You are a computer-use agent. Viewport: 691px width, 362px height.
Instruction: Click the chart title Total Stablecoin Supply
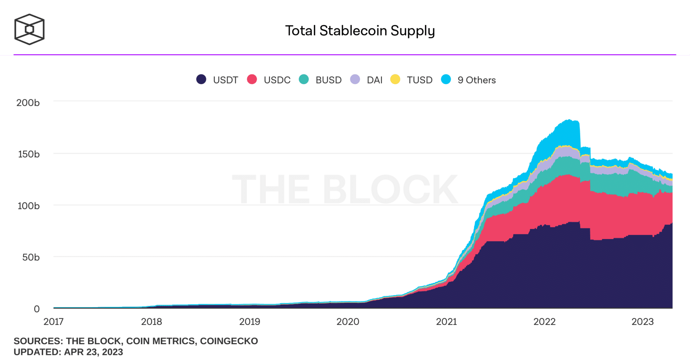[360, 31]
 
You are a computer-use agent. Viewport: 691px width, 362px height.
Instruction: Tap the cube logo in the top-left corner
[29, 29]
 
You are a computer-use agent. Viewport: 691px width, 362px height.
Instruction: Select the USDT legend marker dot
[201, 79]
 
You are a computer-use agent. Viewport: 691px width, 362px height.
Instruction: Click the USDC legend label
[277, 80]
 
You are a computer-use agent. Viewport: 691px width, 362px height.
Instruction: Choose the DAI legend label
[375, 80]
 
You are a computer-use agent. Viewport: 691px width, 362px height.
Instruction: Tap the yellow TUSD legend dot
[395, 79]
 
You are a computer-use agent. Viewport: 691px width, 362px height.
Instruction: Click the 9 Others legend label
[476, 80]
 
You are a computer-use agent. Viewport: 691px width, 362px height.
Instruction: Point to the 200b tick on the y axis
[28, 103]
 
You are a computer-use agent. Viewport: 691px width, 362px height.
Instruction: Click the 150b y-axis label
[29, 154]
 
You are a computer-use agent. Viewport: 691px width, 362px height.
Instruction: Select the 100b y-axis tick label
[29, 206]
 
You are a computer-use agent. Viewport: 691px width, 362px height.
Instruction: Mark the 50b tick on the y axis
[31, 257]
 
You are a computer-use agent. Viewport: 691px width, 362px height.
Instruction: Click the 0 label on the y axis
[36, 309]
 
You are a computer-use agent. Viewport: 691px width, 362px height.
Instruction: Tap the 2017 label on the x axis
[53, 322]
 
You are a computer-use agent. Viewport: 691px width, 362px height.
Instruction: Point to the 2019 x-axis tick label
[250, 322]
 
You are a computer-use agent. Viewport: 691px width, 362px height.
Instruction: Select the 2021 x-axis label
[446, 322]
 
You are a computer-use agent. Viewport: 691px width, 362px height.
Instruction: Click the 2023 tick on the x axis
[642, 322]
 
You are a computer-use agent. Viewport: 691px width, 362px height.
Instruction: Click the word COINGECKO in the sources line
[229, 341]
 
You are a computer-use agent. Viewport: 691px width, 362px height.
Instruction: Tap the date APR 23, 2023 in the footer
[93, 352]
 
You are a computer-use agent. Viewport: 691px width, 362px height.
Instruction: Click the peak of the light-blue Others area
[569, 120]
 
